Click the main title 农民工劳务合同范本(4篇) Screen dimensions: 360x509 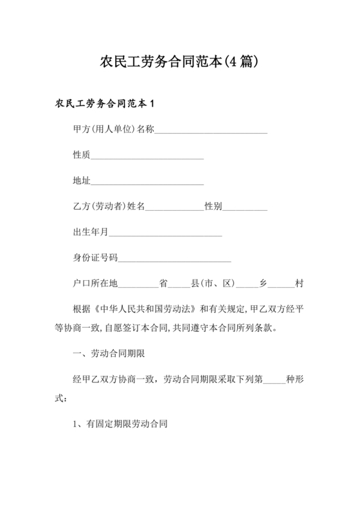[x=179, y=62]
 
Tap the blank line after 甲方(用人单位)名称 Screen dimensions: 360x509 [x=211, y=130]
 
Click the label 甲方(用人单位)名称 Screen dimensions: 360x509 [x=114, y=130]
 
